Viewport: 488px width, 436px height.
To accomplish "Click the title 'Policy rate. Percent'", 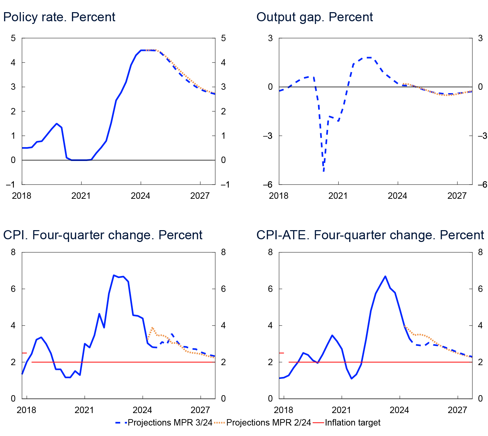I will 59,17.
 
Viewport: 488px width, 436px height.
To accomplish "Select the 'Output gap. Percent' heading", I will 314,17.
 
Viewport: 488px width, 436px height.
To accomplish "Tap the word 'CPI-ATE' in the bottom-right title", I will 283,235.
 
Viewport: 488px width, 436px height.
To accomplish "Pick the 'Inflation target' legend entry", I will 352,423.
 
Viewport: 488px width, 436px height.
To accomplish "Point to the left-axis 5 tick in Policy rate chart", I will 13,38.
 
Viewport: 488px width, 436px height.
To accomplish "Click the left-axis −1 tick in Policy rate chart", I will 11,184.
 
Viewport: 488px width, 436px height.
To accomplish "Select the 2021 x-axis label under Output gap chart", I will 338,196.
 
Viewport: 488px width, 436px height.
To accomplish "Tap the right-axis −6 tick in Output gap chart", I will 480,184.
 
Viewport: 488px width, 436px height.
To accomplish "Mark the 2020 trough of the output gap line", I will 324,171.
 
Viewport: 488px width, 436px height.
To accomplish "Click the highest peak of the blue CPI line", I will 114,275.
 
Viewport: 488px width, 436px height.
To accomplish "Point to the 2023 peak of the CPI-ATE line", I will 385,276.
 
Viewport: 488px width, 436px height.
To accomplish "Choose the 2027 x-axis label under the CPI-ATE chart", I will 457,410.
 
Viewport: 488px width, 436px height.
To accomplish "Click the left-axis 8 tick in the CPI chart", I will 13,252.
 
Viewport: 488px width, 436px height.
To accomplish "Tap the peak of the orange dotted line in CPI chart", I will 152,327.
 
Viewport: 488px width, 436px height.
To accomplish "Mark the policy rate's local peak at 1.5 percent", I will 56,124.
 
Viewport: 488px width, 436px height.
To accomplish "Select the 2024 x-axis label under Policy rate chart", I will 140,196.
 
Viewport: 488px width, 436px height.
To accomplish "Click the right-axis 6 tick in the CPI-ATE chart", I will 480,289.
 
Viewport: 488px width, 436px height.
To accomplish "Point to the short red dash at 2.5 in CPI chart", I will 24,353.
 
